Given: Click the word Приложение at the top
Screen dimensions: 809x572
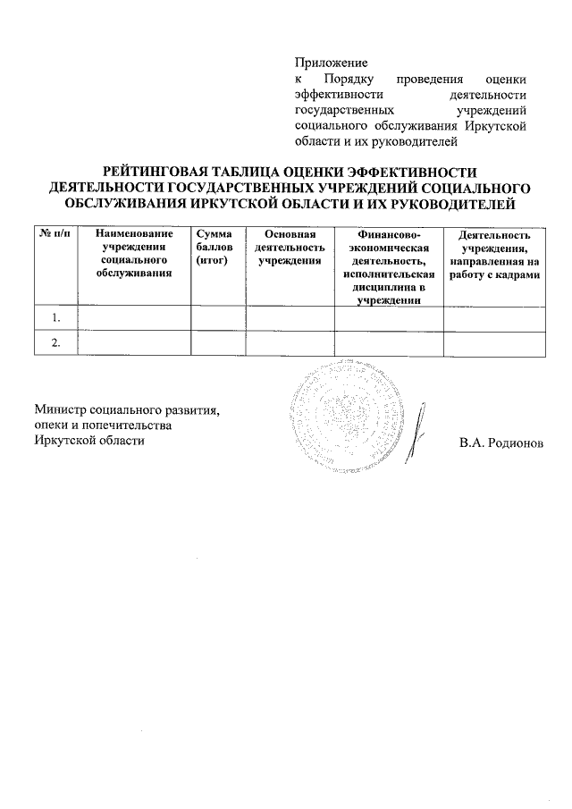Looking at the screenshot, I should (x=332, y=63).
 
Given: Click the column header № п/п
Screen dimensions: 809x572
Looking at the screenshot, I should (x=55, y=234).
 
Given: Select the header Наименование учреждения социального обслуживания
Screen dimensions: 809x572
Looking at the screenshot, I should (x=135, y=253).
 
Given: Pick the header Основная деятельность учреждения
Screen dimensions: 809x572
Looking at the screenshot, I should (x=290, y=246).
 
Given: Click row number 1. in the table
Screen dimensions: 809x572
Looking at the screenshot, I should (x=56, y=318).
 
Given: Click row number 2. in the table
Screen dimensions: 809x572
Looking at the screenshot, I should (x=56, y=343).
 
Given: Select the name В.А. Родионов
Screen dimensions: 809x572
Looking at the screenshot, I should (x=501, y=442).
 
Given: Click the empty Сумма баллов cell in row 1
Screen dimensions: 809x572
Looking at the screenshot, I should (x=219, y=318).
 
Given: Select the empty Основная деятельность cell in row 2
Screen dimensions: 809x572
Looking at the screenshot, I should (x=290, y=343).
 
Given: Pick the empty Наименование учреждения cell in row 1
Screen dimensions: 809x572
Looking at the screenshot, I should (x=135, y=318).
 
